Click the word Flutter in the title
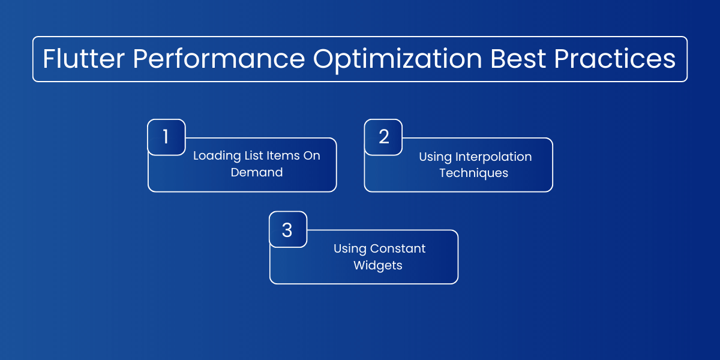click(x=83, y=59)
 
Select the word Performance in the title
click(x=219, y=59)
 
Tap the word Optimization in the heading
click(x=398, y=60)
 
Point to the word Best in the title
click(x=518, y=59)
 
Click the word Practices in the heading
click(x=615, y=59)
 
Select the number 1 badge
click(x=167, y=137)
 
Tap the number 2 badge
click(x=383, y=137)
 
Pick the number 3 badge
click(x=288, y=229)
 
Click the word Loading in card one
click(x=217, y=157)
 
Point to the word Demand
click(x=257, y=172)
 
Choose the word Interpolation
click(x=493, y=157)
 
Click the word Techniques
click(x=474, y=173)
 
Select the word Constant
click(x=398, y=248)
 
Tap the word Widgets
click(x=378, y=266)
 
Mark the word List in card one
click(x=254, y=155)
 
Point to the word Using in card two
click(x=436, y=157)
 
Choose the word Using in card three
click(x=350, y=249)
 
